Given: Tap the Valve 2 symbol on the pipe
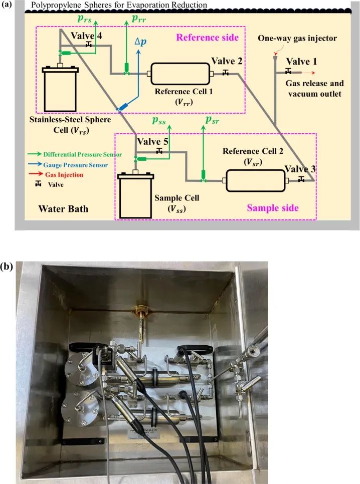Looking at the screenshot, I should [226, 73].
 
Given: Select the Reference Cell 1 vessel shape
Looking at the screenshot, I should [180, 73].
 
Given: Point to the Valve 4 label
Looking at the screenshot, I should [87, 37].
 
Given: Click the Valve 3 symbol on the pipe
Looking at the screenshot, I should [301, 179].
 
